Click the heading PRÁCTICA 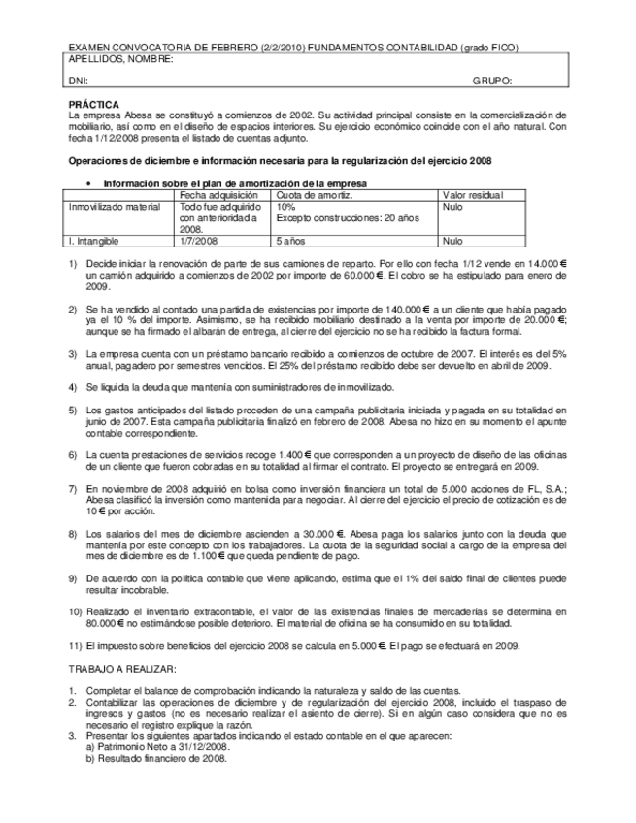click(x=94, y=103)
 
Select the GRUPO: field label click(x=492, y=82)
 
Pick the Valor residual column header click(x=474, y=195)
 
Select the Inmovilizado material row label click(x=115, y=207)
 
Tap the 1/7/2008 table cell click(x=200, y=240)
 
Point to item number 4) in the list click(x=74, y=386)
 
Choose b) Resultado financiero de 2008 click(x=155, y=758)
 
